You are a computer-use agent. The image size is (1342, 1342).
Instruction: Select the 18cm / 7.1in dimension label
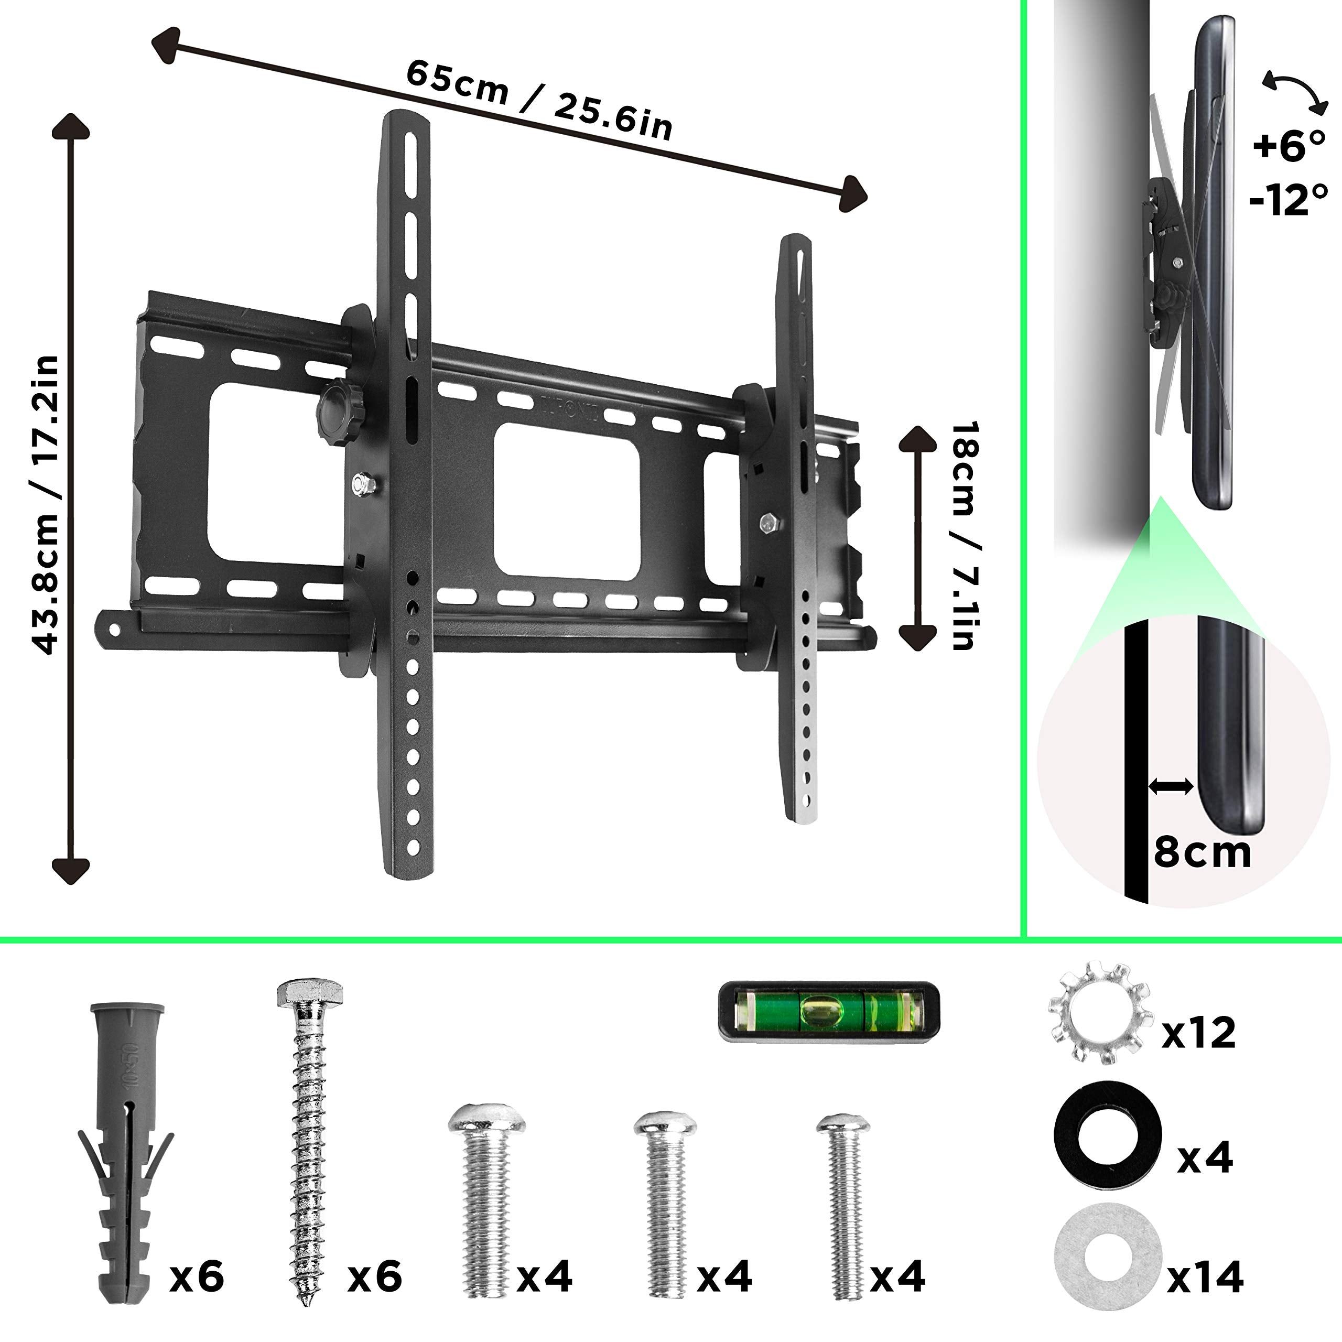[964, 535]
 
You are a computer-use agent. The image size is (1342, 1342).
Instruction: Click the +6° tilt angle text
[1289, 147]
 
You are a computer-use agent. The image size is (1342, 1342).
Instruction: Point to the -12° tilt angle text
[1289, 201]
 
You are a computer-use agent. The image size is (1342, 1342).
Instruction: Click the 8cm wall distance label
[1202, 852]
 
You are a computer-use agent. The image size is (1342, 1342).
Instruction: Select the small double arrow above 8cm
[1171, 787]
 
